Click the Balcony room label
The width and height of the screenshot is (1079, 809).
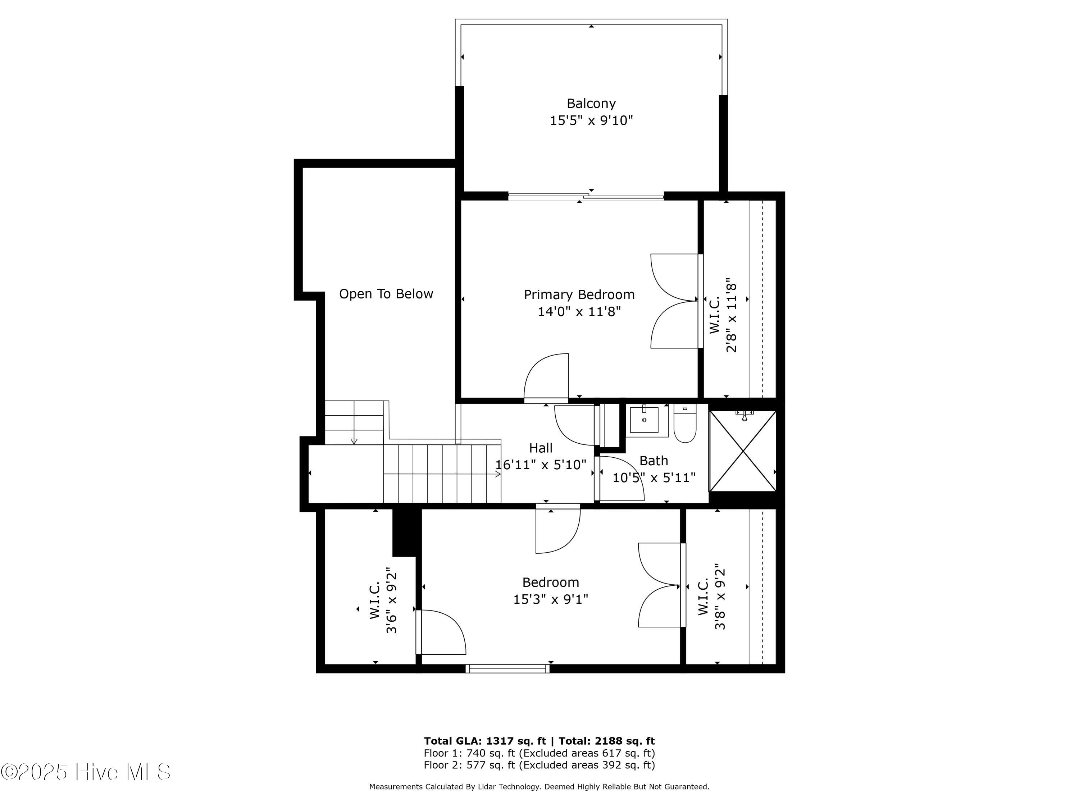[591, 104]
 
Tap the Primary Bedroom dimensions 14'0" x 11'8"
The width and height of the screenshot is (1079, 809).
[579, 311]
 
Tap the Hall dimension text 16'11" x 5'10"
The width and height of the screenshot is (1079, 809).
[541, 465]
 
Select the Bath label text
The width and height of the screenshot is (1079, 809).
[654, 460]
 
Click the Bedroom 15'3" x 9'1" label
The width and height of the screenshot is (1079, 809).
[550, 590]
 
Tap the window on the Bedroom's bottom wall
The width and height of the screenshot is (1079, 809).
[507, 668]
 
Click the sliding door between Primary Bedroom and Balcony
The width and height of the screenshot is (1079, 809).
[585, 197]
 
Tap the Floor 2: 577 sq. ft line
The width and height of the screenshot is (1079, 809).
[539, 765]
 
